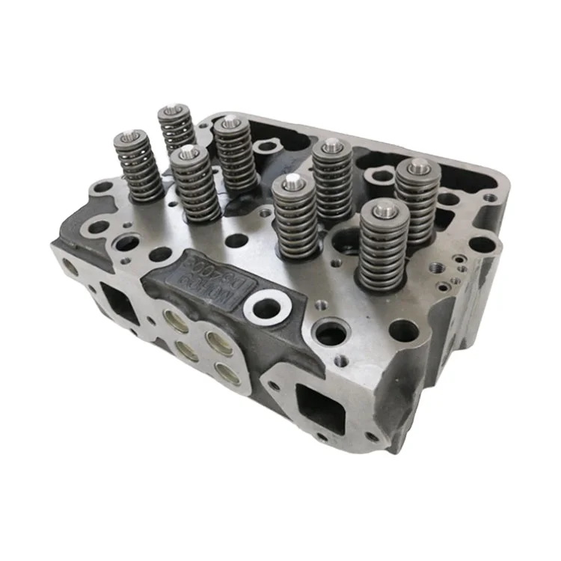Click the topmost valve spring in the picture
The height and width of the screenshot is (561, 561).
click(x=176, y=129)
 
